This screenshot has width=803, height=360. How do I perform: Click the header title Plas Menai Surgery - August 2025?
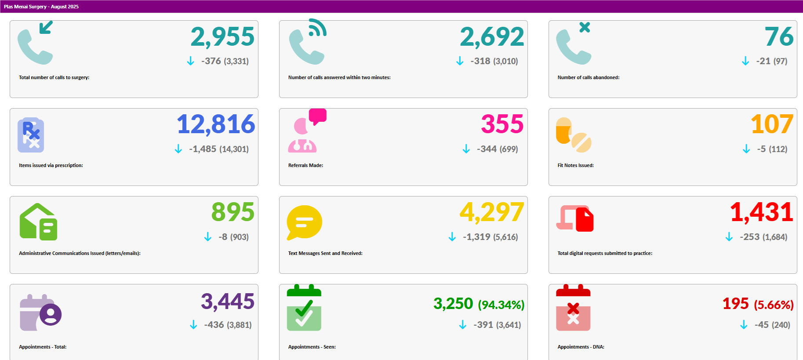pos(41,7)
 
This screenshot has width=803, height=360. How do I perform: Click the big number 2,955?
pos(222,37)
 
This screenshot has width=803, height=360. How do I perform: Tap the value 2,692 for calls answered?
pos(492,37)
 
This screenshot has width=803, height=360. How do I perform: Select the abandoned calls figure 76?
pos(779,37)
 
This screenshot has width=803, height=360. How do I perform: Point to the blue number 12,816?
pos(216,124)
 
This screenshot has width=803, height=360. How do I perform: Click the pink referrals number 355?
pos(502,124)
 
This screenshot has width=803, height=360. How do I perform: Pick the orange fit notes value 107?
pos(772,124)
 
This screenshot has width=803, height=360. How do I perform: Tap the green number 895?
pos(233,212)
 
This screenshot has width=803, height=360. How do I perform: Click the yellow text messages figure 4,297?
pos(492,212)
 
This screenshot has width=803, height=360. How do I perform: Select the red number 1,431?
pos(762,212)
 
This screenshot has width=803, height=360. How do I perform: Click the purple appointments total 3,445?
pos(228,302)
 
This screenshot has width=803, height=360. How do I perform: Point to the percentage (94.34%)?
pos(501,305)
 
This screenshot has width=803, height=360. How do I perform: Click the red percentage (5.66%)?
pos(774,305)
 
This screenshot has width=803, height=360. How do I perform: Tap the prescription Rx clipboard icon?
pos(31,135)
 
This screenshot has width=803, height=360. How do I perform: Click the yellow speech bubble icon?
pos(304,222)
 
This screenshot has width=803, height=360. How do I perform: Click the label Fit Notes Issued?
pos(575,165)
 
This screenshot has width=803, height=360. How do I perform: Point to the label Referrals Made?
pos(305,165)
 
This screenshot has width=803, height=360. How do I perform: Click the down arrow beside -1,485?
pos(178,149)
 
